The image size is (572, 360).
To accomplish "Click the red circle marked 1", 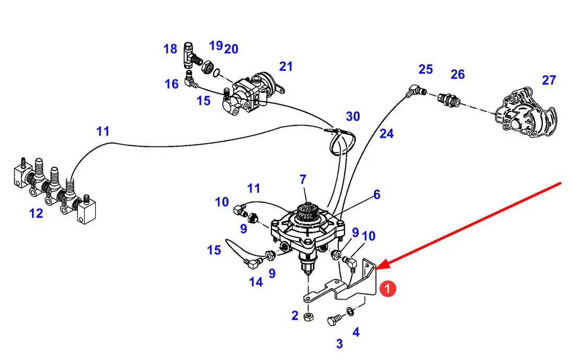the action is pyautogui.click(x=387, y=288).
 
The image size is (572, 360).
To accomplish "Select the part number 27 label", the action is pyautogui.click(x=548, y=80).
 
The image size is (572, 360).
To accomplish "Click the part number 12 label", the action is pyautogui.click(x=36, y=213).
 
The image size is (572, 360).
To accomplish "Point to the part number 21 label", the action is pyautogui.click(x=286, y=66).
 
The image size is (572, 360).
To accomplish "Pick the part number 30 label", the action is pyautogui.click(x=353, y=116).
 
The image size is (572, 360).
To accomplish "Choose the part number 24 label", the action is pyautogui.click(x=386, y=134).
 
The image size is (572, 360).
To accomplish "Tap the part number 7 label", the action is pyautogui.click(x=303, y=179).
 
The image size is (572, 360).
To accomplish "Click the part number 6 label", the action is pyautogui.click(x=377, y=194).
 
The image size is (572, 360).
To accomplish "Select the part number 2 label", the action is pyautogui.click(x=295, y=316).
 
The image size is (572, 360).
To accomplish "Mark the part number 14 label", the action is pyautogui.click(x=256, y=282).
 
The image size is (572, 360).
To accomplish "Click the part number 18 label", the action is pyautogui.click(x=170, y=49).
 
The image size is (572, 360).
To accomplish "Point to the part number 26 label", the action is pyautogui.click(x=457, y=74).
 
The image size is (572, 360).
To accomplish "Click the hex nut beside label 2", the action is pyautogui.click(x=308, y=317).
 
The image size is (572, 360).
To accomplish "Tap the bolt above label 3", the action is pyautogui.click(x=334, y=320).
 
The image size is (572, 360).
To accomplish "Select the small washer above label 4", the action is pyautogui.click(x=350, y=311).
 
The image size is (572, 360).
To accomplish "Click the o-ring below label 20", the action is pyautogui.click(x=216, y=73).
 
